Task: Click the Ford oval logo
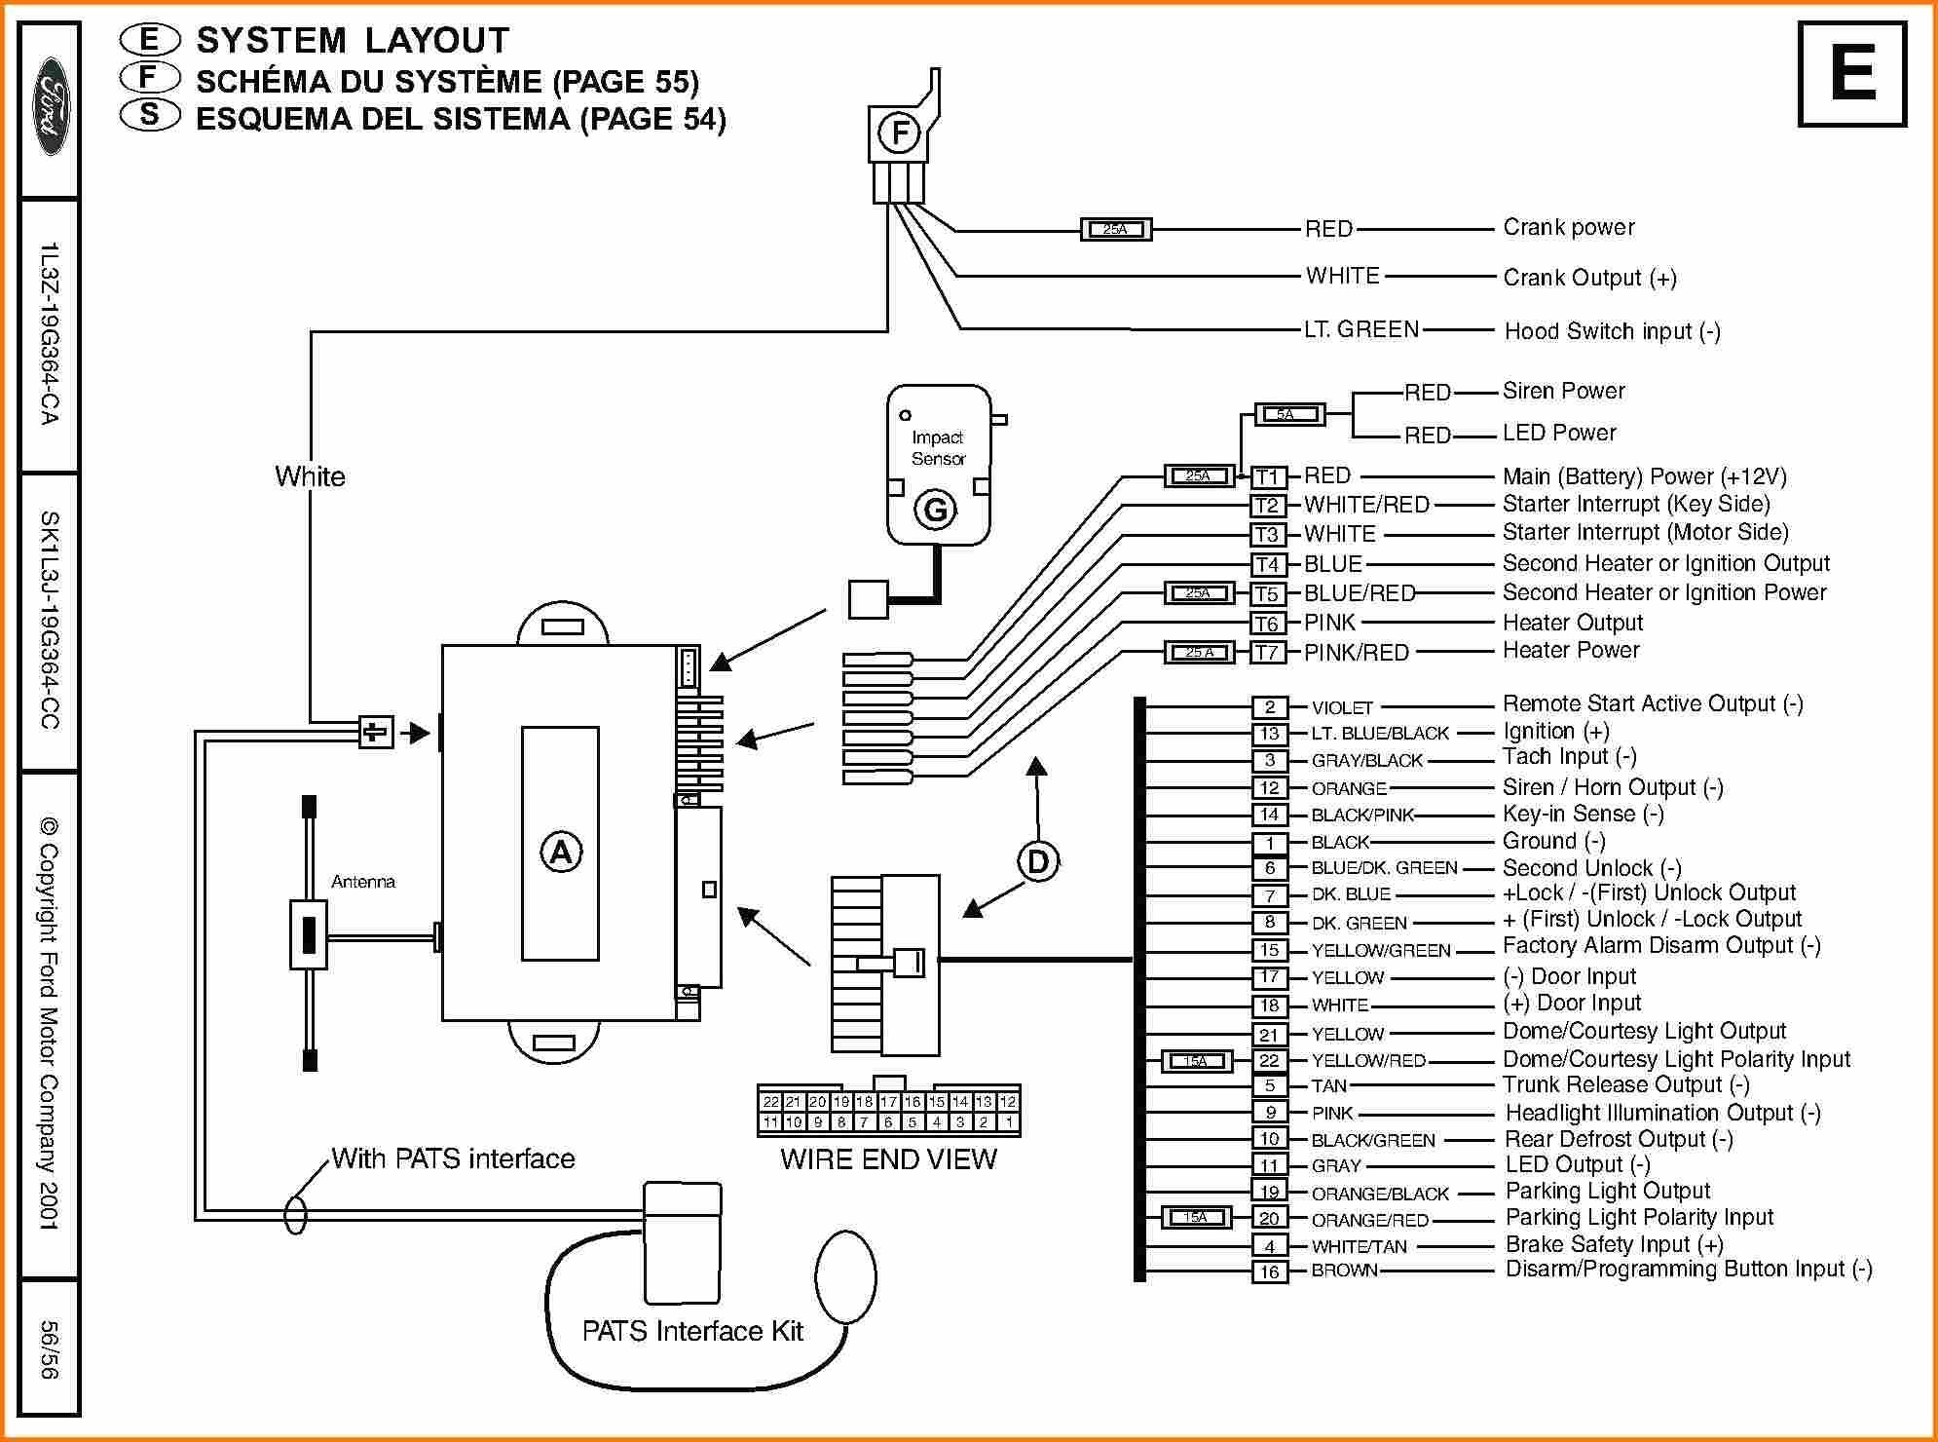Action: click(50, 108)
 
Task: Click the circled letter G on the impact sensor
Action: click(935, 510)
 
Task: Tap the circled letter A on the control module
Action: click(561, 853)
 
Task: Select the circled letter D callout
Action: click(1038, 861)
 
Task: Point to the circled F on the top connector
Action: click(899, 133)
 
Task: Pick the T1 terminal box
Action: click(1268, 476)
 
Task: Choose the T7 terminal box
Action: click(1268, 652)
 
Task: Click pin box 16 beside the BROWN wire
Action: click(1269, 1271)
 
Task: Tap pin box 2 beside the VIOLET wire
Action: click(1269, 707)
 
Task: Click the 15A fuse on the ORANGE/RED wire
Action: click(1196, 1217)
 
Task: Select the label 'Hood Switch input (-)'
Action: click(1613, 331)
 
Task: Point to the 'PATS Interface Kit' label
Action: click(692, 1331)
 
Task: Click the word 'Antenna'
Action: click(363, 882)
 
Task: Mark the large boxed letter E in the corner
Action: click(1851, 74)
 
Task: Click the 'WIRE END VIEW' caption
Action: click(888, 1158)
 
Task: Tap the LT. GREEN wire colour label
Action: click(1361, 329)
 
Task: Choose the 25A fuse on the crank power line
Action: click(1116, 230)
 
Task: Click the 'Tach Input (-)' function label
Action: click(1570, 757)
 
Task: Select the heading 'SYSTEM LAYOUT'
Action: click(353, 41)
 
